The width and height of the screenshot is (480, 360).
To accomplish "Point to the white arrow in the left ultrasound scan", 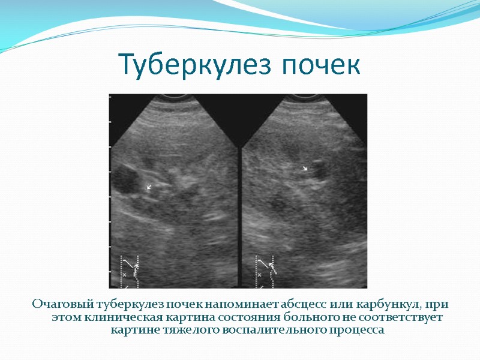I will [x=149, y=187].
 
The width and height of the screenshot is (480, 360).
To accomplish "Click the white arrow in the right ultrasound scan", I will [x=305, y=169].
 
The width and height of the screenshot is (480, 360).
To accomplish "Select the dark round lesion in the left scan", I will [x=127, y=179].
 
